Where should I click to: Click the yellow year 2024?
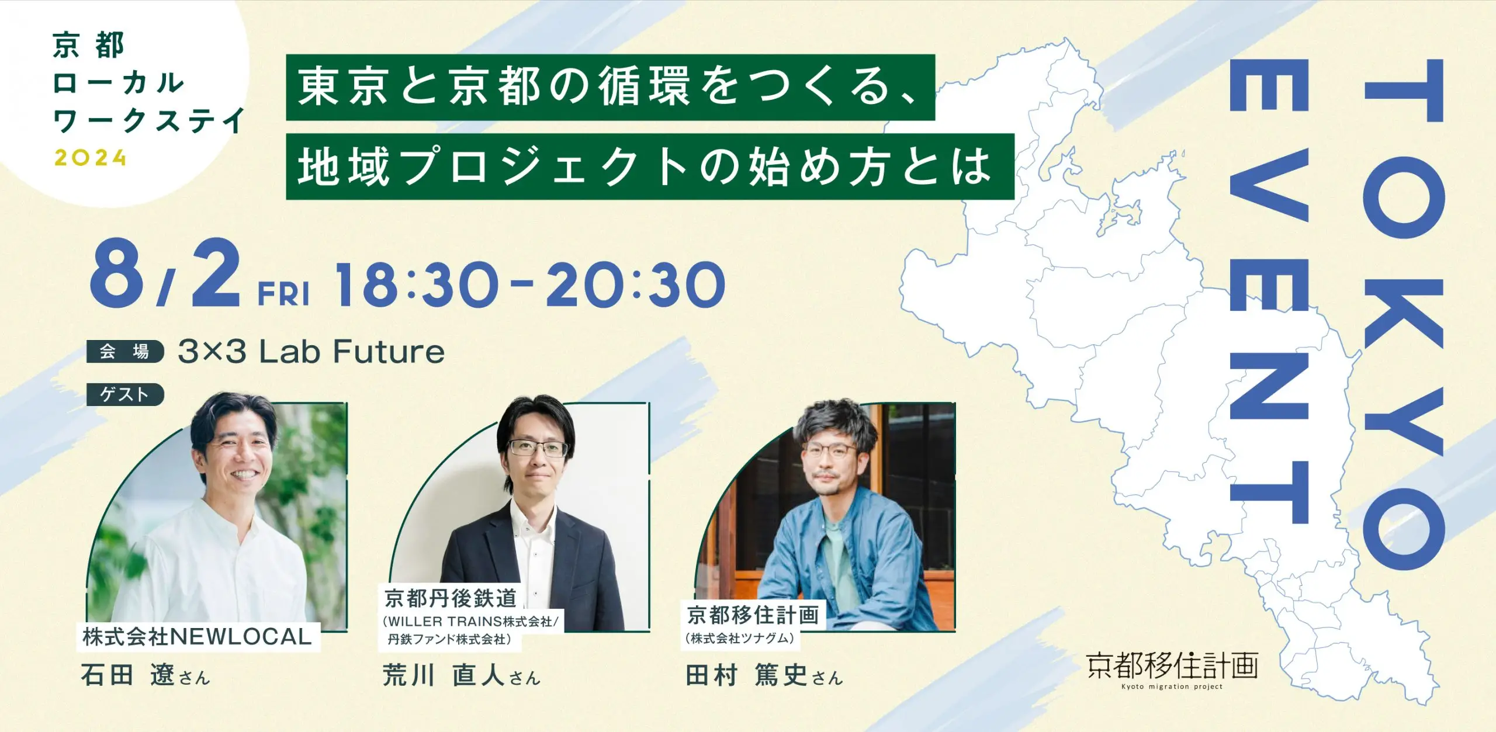coord(90,158)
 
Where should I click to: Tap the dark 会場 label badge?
coord(125,352)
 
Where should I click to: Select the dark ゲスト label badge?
coord(125,394)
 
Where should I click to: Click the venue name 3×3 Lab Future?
coord(311,352)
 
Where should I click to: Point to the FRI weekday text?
coord(284,294)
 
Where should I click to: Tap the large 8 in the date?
coord(117,273)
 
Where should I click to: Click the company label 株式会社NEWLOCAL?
coord(198,637)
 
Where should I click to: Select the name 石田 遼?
coord(128,675)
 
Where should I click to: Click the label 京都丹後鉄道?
coord(451,598)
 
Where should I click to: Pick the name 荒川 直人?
coord(444,675)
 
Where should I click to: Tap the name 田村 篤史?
coord(747,675)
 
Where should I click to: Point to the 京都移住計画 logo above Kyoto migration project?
coord(1172,666)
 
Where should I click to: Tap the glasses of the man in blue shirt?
coord(833,451)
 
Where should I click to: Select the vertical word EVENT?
coord(1269,300)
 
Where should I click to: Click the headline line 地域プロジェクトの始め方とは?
coord(646,167)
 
